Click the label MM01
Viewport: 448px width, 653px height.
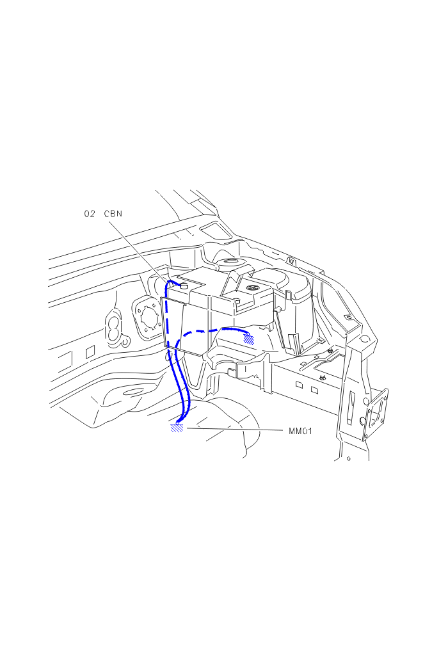[300, 431]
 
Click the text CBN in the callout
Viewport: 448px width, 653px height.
[113, 214]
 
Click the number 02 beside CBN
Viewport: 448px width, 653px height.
[90, 214]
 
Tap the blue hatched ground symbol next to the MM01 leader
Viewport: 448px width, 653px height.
[177, 428]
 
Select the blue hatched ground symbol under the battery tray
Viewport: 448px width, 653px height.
[249, 339]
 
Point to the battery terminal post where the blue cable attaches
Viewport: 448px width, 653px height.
[184, 286]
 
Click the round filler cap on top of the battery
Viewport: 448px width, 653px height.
[252, 288]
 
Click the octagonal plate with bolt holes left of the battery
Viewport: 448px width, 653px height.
[147, 317]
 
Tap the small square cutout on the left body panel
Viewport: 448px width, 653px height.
[90, 352]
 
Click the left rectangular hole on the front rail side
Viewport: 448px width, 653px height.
[299, 384]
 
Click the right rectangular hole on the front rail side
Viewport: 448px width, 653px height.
[314, 391]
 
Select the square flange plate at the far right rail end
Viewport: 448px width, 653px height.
[376, 414]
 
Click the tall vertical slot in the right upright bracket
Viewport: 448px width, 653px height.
[352, 408]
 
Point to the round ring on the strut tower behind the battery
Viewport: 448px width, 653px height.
[228, 263]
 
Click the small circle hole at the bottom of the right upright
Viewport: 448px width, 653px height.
[349, 459]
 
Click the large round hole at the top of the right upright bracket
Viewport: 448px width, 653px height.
[364, 339]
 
